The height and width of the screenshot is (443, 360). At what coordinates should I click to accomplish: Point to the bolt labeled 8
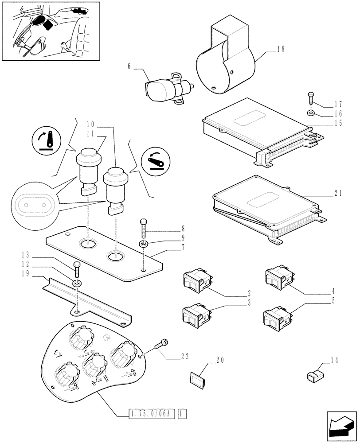click(143, 228)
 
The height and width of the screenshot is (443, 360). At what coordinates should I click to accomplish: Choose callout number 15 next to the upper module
click(338, 124)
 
